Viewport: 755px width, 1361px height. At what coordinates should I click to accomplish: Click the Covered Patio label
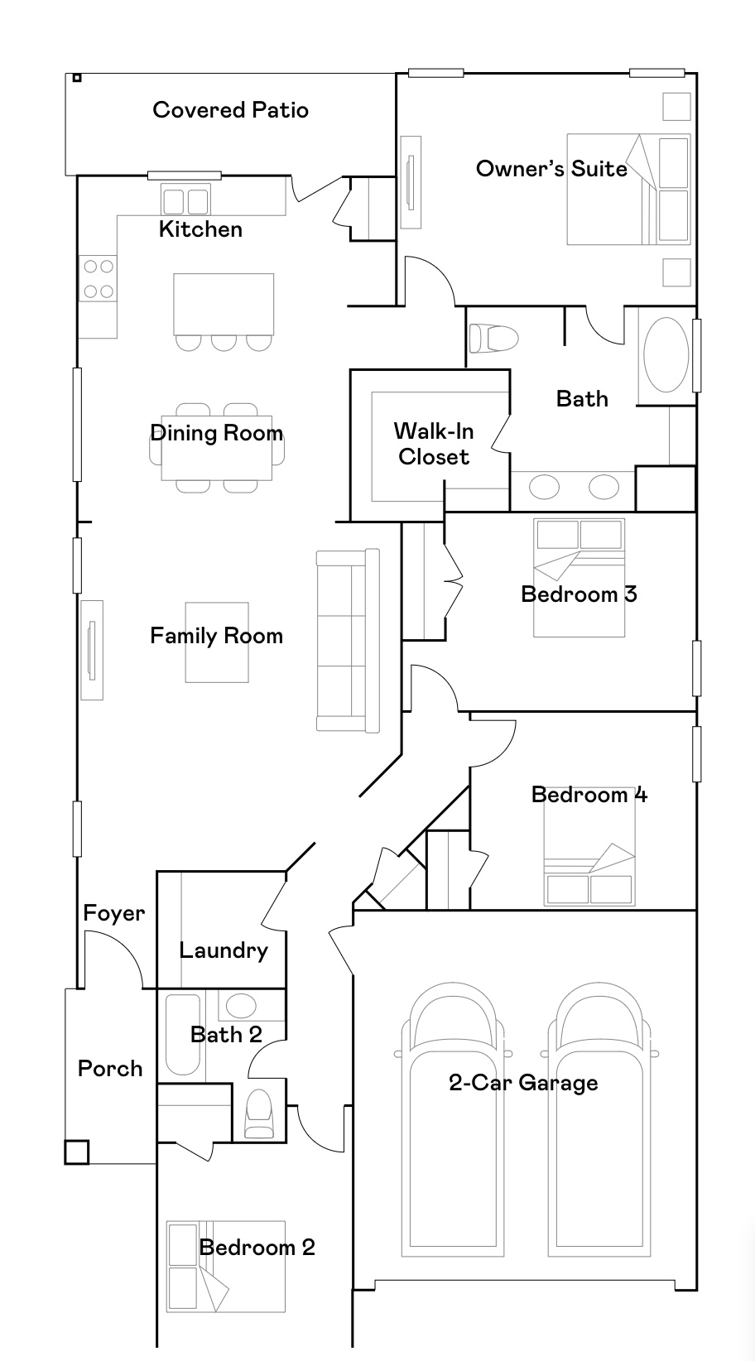pos(230,110)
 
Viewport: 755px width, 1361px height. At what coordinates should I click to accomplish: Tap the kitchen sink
pos(185,200)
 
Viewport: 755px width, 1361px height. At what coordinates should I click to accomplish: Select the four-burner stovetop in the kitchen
pos(98,279)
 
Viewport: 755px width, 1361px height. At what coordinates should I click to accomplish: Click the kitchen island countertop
pos(224,304)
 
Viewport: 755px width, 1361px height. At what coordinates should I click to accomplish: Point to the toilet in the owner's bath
pos(494,338)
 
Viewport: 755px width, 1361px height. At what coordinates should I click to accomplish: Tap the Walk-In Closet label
pos(434,445)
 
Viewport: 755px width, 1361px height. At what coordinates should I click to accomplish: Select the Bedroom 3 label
pos(579,594)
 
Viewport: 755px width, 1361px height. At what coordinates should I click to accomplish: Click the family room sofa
pos(348,641)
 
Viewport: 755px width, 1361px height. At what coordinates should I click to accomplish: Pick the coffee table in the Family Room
pos(217,642)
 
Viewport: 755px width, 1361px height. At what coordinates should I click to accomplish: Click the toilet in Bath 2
pos(258,1113)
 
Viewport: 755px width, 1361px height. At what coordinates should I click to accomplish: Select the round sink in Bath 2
pos(241,1006)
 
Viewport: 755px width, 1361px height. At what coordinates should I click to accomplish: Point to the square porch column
pos(76,1152)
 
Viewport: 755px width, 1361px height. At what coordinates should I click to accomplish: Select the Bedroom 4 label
pos(589,794)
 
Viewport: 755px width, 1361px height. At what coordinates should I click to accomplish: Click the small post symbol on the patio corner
pos(76,78)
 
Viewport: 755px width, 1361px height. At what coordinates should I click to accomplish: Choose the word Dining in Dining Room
pos(184,434)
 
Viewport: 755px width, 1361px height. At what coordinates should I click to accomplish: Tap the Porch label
pos(110,1069)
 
